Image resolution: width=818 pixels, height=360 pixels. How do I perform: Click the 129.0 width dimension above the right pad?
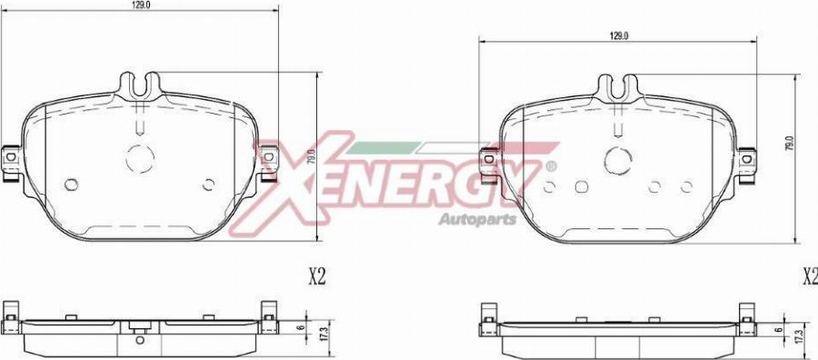[x=618, y=36]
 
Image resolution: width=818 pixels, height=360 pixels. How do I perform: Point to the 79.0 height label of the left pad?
[x=311, y=157]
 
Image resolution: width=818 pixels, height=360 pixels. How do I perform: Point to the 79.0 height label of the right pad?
[x=789, y=144]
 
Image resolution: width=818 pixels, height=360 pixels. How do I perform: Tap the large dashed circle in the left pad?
[x=140, y=158]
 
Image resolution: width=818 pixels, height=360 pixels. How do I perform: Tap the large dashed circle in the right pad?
[x=618, y=161]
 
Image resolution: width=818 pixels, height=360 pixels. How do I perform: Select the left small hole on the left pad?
[x=72, y=185]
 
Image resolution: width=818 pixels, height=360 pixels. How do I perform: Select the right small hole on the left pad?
[x=209, y=185]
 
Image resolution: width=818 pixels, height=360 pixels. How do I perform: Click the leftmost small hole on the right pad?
[x=549, y=186]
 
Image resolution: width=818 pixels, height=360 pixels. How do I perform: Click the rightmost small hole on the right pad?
[x=686, y=186]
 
